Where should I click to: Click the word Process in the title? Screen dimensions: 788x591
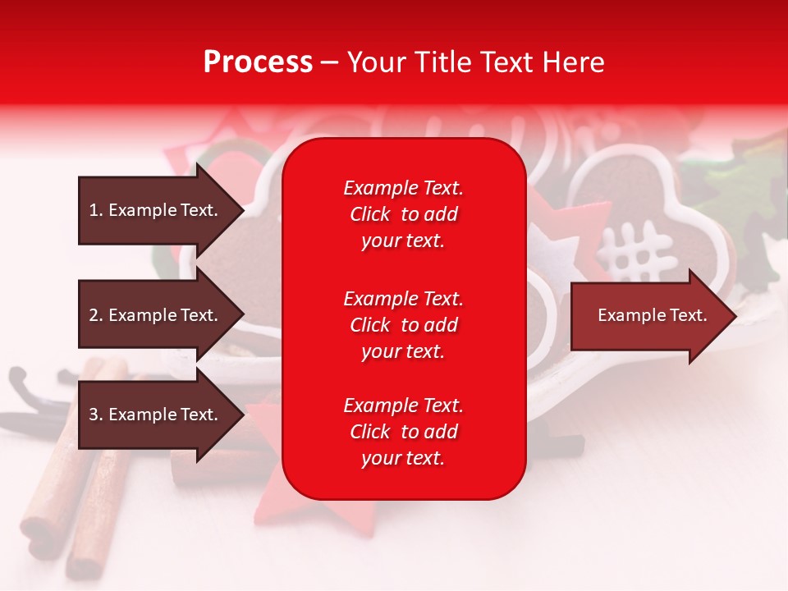tap(258, 62)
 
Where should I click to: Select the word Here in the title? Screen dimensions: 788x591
tap(573, 62)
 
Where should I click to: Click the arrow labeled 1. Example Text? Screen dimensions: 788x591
tap(161, 211)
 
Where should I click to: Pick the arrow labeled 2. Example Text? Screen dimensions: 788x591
tap(161, 314)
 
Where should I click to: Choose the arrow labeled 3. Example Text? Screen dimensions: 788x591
tap(161, 415)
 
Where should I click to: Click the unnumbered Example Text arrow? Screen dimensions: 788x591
tap(653, 315)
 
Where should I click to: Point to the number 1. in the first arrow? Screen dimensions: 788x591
tap(96, 210)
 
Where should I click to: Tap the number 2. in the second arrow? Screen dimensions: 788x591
tap(96, 315)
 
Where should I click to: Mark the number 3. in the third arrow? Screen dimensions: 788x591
tap(96, 414)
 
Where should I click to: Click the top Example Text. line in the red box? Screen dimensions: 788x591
tap(404, 188)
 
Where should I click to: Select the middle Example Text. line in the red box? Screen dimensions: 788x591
tap(404, 299)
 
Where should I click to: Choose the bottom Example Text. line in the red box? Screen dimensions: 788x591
tap(404, 405)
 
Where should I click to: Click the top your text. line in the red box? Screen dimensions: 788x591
tap(403, 241)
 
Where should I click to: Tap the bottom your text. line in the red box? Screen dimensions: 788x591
tap(403, 458)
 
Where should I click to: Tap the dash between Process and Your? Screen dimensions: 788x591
tap(330, 64)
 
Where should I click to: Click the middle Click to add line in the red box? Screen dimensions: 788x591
tap(404, 325)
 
